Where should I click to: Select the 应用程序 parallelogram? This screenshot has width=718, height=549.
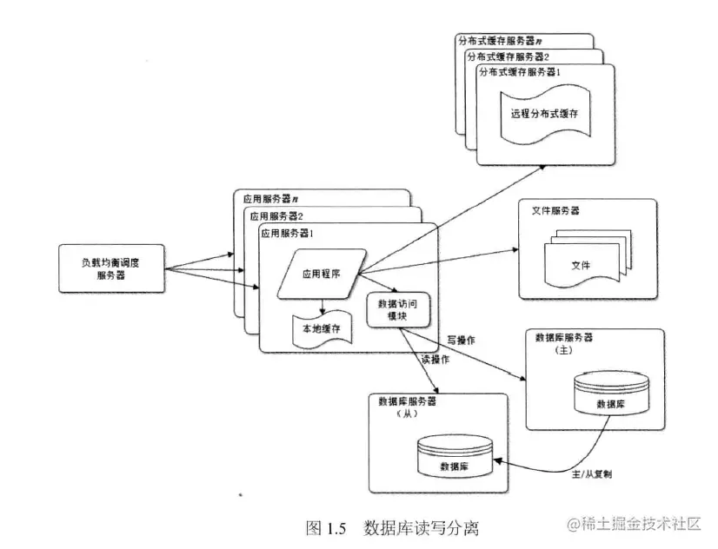point(322,272)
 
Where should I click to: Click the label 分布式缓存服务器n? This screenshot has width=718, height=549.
point(501,41)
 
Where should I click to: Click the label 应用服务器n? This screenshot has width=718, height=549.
point(271,199)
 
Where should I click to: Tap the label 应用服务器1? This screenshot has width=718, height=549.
point(287,232)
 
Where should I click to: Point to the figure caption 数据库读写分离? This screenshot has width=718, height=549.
point(421,527)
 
